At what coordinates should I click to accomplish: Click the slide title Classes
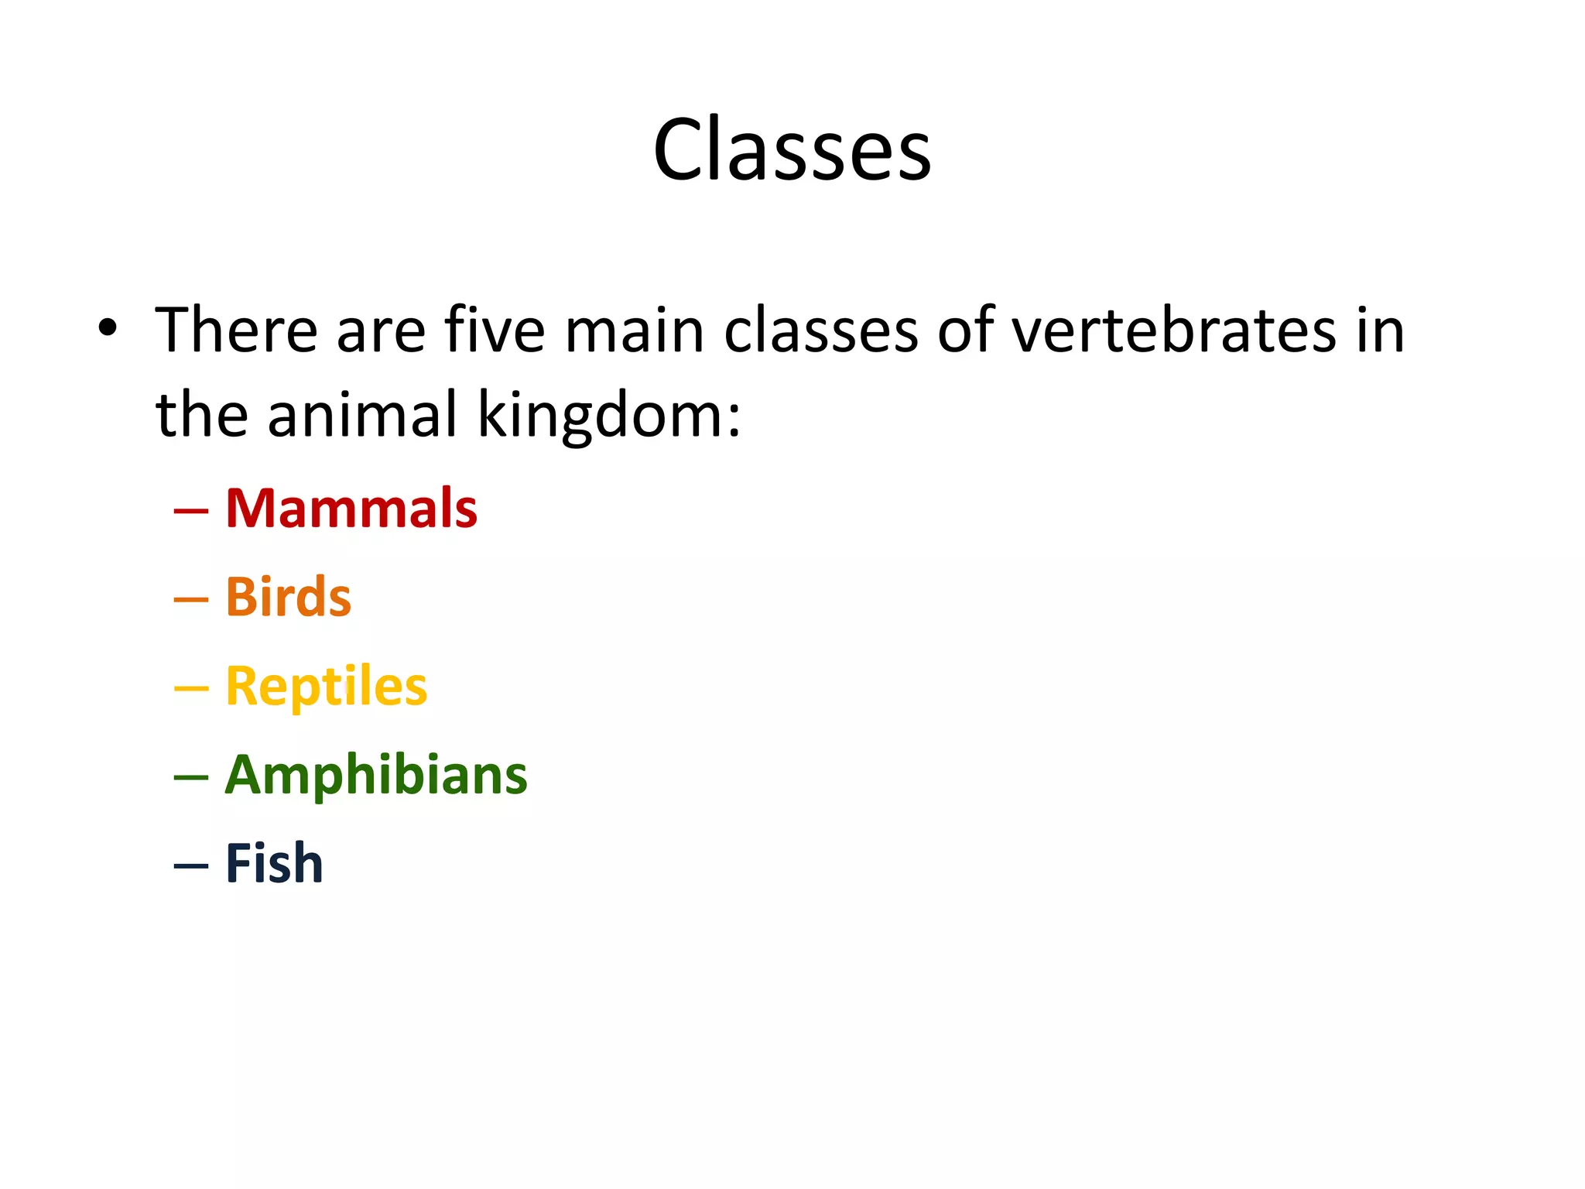point(792,149)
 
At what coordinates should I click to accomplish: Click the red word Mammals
point(351,509)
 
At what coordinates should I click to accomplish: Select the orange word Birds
point(288,598)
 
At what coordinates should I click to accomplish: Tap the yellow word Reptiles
point(326,687)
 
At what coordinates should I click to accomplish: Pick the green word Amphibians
point(376,775)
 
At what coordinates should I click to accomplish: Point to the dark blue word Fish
point(274,864)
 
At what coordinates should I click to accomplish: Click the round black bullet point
point(108,328)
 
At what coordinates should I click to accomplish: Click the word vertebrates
point(1173,331)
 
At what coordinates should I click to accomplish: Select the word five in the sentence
point(495,331)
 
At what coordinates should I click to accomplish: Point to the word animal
point(363,414)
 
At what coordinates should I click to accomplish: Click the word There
point(237,331)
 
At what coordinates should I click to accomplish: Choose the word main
point(634,331)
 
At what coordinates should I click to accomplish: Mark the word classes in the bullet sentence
point(821,331)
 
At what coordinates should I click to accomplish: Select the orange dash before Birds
point(191,600)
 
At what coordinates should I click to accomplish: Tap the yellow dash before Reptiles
point(191,688)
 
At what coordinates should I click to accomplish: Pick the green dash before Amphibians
point(191,777)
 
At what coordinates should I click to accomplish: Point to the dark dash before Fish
point(191,865)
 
